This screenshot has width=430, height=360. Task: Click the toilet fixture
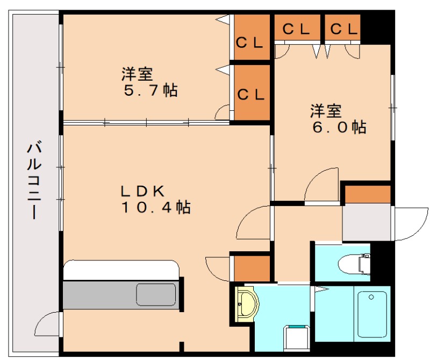pos(354,264)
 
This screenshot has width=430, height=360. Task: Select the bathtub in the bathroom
pos(371,314)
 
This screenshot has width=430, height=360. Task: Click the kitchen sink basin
pos(156,295)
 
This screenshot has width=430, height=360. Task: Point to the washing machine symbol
pos(297,338)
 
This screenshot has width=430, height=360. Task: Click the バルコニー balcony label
pos(34,180)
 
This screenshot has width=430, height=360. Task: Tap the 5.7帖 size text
pos(150,90)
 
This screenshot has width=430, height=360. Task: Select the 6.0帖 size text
pos(339,127)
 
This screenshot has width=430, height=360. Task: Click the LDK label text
pos(142,191)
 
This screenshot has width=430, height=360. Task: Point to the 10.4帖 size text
pos(156,207)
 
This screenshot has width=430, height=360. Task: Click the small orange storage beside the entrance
pos(368,194)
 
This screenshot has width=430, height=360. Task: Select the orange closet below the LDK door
pos(252,269)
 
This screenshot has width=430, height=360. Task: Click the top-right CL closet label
pos(344,29)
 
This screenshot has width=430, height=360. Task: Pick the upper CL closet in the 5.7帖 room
pos(252,37)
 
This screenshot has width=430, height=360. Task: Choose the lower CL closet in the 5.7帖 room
pos(252,93)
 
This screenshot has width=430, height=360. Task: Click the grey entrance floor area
pos(367,222)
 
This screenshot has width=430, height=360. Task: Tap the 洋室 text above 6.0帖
pos(326,110)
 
